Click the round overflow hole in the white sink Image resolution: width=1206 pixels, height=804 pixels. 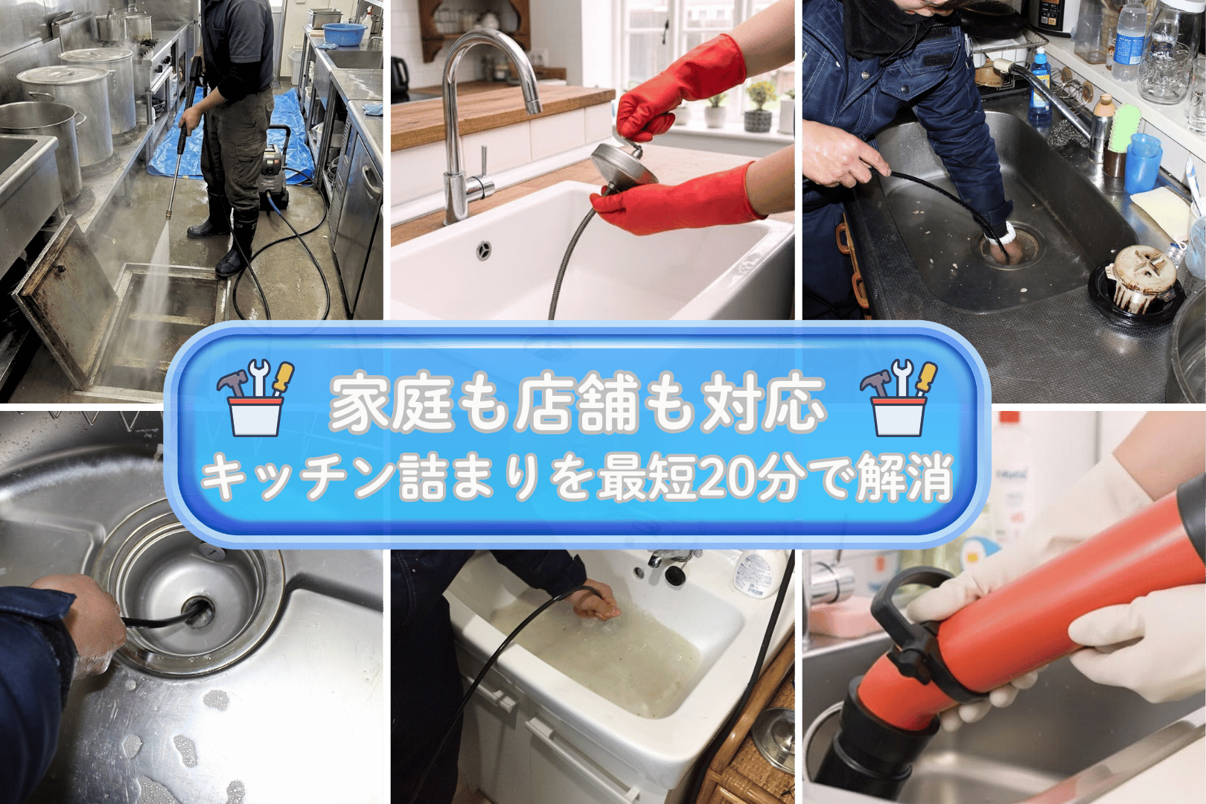(484, 249)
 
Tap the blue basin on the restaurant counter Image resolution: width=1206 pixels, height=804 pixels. (344, 34)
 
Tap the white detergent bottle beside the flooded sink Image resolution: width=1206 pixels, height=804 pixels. (759, 574)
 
